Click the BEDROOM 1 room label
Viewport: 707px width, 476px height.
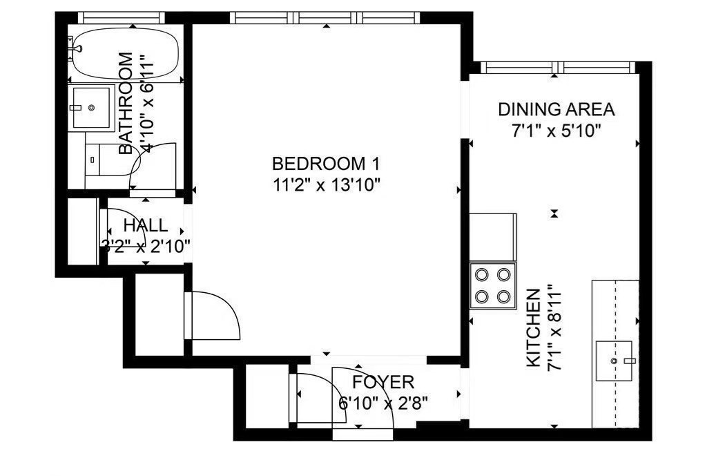pos(326,164)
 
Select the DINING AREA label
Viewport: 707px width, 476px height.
pos(556,110)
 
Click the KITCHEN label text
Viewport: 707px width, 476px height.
pos(534,327)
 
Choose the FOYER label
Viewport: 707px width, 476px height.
pos(383,382)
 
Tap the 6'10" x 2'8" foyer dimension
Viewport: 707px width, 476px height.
pos(383,403)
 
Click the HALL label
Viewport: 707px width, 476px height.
pos(145,225)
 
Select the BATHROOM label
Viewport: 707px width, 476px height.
pos(126,104)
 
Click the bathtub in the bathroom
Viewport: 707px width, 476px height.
pos(126,55)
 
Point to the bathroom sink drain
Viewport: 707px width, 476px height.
pos(92,108)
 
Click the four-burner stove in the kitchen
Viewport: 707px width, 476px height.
pos(493,285)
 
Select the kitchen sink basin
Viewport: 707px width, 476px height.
pos(614,361)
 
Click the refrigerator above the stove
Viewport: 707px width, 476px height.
pos(493,238)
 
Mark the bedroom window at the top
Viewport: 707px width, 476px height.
pos(326,17)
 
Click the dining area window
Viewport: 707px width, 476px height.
pos(557,67)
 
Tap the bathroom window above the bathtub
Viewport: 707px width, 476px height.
pos(122,17)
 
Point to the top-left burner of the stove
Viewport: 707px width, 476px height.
pos(482,274)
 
